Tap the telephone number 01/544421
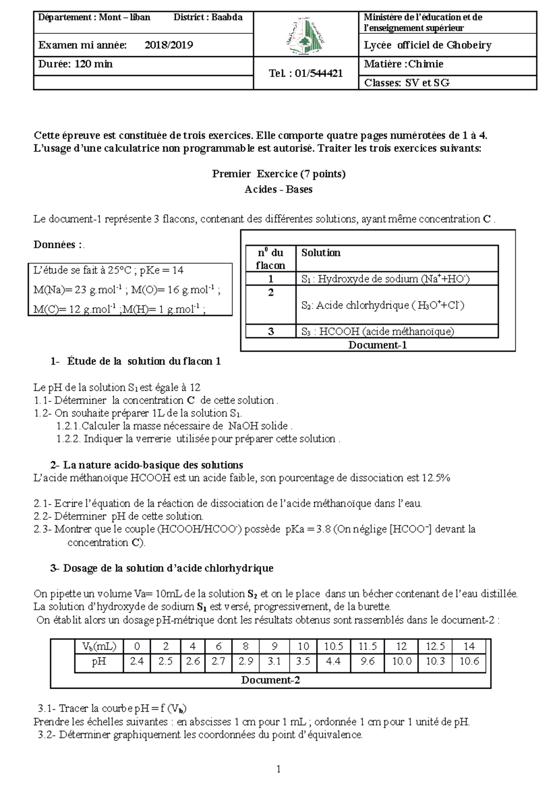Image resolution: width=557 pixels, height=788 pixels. pyautogui.click(x=306, y=73)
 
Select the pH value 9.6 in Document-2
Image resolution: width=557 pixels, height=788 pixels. pyautogui.click(x=367, y=661)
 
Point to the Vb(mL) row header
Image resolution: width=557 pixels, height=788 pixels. pyautogui.click(x=99, y=646)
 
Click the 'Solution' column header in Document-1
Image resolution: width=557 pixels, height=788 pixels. pyautogui.click(x=321, y=253)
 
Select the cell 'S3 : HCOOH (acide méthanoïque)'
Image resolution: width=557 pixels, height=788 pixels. pyautogui.click(x=377, y=331)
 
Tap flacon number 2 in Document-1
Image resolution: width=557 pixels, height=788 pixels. pyautogui.click(x=271, y=293)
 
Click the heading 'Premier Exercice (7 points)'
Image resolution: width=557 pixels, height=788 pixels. pyautogui.click(x=278, y=174)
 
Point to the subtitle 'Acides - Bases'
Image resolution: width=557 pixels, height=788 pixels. pyautogui.click(x=278, y=189)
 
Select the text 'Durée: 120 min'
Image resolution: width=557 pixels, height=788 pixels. pyautogui.click(x=75, y=64)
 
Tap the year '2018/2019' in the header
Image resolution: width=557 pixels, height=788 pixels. pyautogui.click(x=168, y=45)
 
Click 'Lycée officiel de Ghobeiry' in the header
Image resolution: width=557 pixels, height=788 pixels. pyautogui.click(x=427, y=45)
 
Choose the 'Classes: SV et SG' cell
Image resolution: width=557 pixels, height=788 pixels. pyautogui.click(x=407, y=83)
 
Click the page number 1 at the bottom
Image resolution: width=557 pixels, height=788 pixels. pyautogui.click(x=278, y=769)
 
